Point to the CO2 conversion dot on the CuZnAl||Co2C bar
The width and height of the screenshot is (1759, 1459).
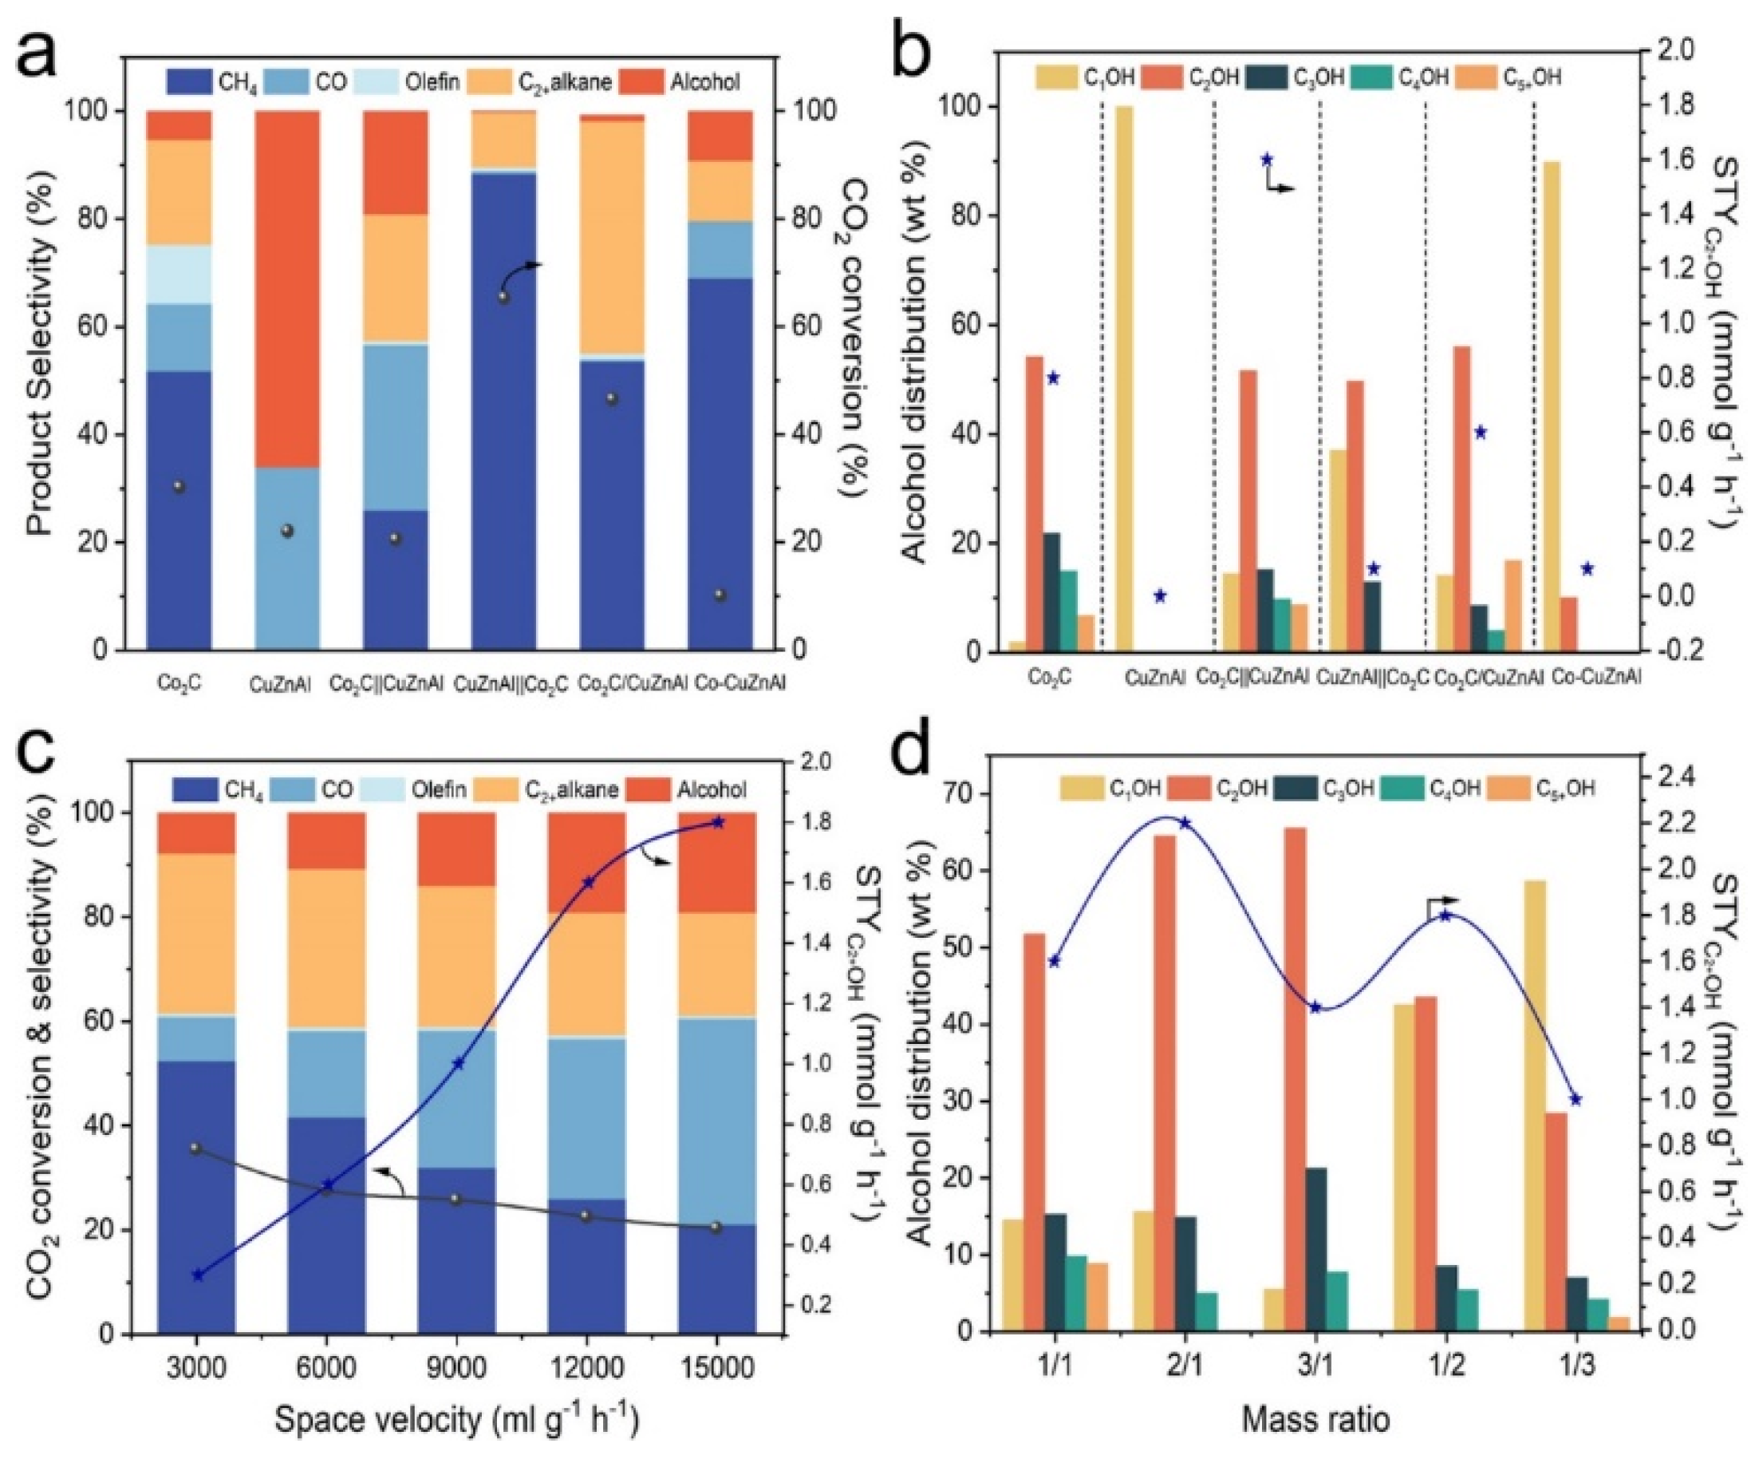[503, 297]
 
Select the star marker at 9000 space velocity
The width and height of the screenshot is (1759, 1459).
[457, 1062]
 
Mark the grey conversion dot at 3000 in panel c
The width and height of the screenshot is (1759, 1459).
[196, 1148]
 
